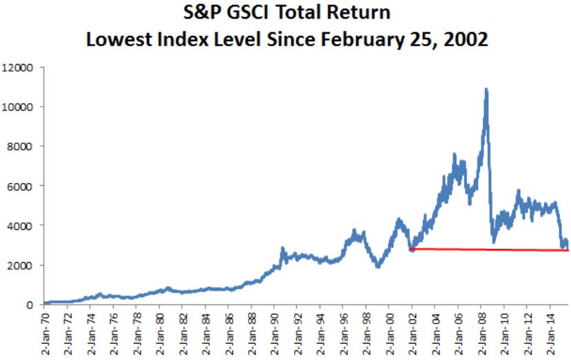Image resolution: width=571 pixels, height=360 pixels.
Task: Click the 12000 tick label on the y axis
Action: point(19,67)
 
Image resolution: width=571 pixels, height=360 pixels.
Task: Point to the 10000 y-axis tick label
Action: point(19,107)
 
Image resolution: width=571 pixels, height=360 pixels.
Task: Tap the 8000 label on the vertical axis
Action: point(22,147)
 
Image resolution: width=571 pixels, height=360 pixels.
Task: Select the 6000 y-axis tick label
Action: point(22,186)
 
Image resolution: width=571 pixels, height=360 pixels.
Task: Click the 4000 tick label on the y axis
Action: point(22,226)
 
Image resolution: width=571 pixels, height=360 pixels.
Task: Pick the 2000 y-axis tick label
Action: point(22,265)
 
